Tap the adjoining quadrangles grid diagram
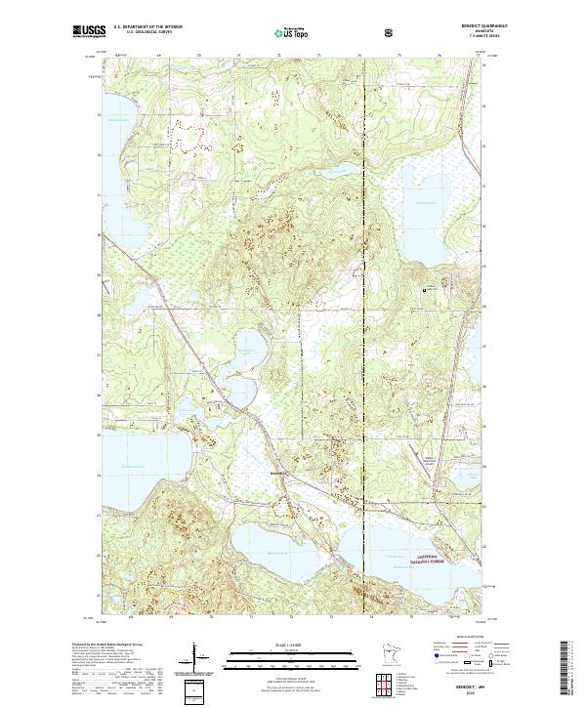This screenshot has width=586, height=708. [x=390, y=682]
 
